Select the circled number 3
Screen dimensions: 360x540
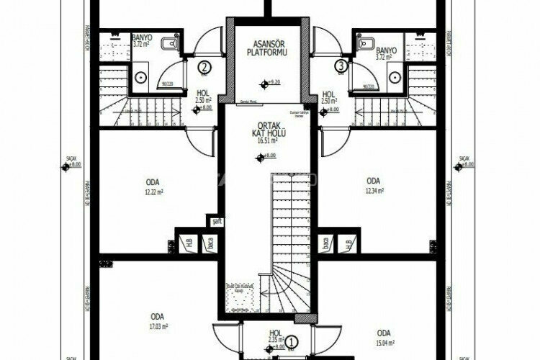click(341, 67)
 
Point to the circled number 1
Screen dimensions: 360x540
click(292, 343)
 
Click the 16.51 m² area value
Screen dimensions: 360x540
click(267, 141)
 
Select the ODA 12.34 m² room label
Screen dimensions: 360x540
click(373, 186)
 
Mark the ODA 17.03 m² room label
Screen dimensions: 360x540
click(157, 320)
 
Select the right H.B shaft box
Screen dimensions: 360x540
click(348, 243)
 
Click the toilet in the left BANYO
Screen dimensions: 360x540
click(168, 45)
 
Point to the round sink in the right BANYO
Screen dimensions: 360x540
click(394, 75)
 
